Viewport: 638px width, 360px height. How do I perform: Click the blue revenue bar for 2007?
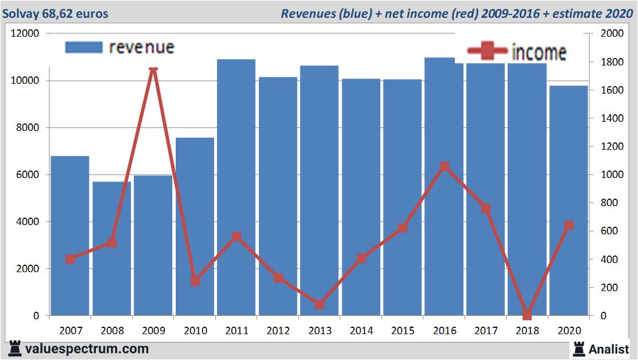click(69, 235)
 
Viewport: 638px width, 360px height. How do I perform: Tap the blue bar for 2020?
click(569, 200)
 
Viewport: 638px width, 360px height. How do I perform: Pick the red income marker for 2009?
click(153, 69)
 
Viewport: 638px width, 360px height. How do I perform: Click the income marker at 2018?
click(527, 315)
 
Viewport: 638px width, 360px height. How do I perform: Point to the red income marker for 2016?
click(444, 167)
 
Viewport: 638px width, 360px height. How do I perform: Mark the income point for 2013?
click(319, 304)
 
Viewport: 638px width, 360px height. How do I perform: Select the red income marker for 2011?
click(237, 237)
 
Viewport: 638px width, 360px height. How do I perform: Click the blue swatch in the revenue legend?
click(84, 47)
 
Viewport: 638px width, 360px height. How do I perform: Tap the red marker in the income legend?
click(487, 52)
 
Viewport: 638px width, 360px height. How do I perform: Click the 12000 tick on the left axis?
click(25, 33)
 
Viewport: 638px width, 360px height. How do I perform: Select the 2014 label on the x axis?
click(361, 331)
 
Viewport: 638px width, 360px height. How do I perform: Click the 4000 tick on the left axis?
click(28, 222)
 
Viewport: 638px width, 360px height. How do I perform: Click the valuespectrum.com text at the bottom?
click(86, 349)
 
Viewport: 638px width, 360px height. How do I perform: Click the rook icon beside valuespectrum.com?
click(14, 348)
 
